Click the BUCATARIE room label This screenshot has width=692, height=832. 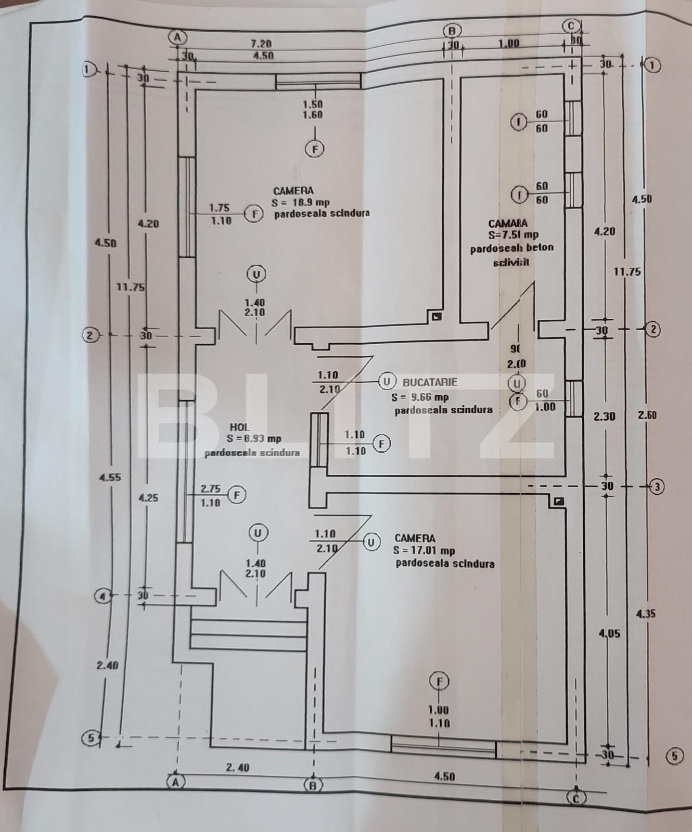tap(430, 382)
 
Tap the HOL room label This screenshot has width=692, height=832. tap(239, 426)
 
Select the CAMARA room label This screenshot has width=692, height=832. tap(507, 224)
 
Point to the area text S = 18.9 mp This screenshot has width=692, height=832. tap(300, 202)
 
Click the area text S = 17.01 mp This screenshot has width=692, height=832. tap(424, 551)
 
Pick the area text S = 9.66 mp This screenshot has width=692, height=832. tap(420, 397)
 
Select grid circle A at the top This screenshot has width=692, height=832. tap(177, 37)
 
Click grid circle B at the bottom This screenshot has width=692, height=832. tap(313, 784)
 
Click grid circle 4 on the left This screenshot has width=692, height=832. tap(104, 595)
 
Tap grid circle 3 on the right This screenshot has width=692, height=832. tap(657, 487)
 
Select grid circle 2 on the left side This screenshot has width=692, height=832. tap(90, 335)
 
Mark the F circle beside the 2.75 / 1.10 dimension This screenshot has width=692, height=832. tap(237, 495)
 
